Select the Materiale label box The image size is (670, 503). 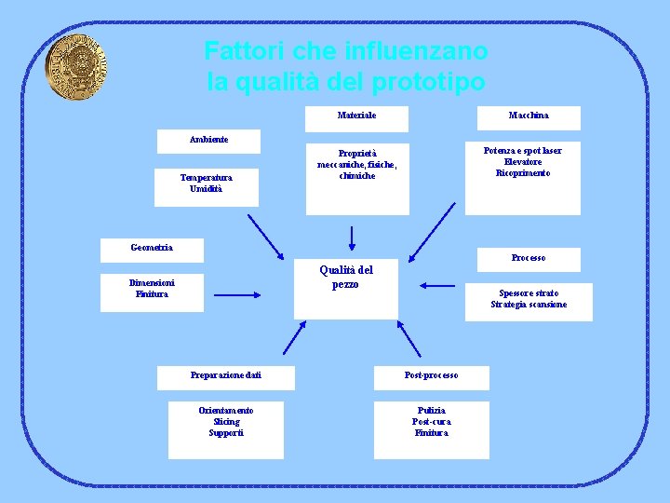coord(356,116)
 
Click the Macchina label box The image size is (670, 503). coord(528,116)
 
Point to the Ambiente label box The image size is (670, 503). coord(208,140)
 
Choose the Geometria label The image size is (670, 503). coord(152,248)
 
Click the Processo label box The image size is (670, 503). coord(528,258)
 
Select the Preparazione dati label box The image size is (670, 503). coord(226,375)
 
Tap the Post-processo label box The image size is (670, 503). coord(431,375)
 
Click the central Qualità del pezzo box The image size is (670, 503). coord(345,278)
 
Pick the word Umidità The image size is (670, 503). coord(206,188)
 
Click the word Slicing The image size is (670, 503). coord(225,421)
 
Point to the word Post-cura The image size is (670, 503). coord(431,421)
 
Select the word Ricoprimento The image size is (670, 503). coord(522,173)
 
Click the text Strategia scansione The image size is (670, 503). coord(528,305)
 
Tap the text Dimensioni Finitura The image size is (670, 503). coord(153,288)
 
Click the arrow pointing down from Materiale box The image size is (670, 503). coord(351,238)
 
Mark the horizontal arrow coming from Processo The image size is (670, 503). coord(436,285)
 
